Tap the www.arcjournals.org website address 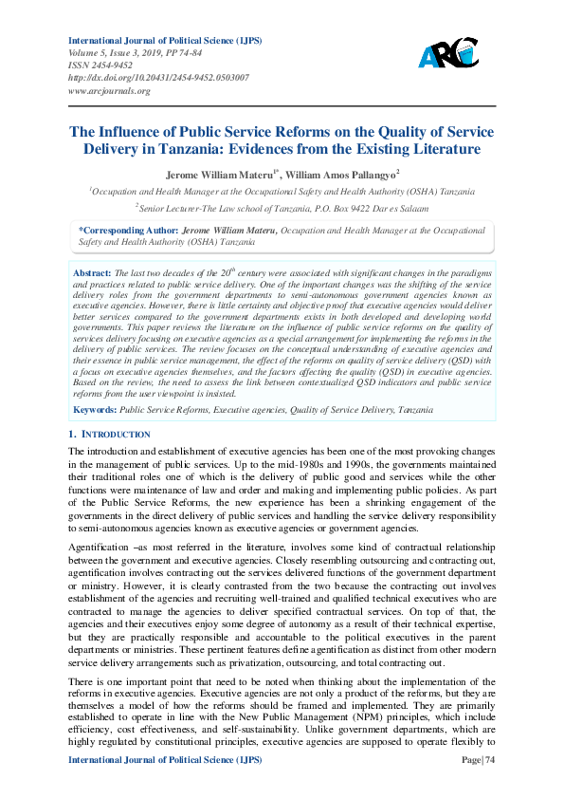coord(109,91)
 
